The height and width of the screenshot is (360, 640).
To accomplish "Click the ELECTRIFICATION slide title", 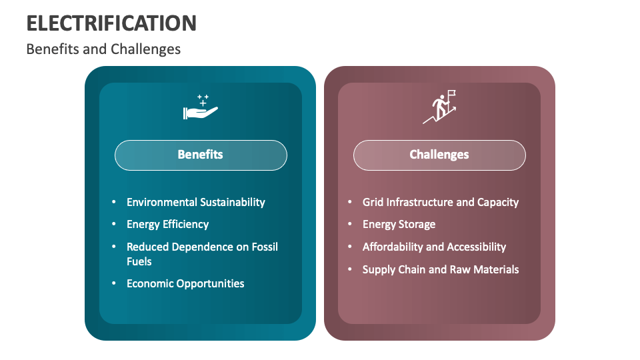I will tap(111, 23).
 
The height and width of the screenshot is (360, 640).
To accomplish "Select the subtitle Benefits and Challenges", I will tap(103, 49).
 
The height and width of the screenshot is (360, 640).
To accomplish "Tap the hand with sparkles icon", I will tap(200, 108).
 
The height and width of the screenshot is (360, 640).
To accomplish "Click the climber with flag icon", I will tap(440, 108).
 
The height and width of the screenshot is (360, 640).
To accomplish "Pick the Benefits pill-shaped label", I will tap(201, 155).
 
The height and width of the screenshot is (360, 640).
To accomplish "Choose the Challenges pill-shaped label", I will tap(439, 155).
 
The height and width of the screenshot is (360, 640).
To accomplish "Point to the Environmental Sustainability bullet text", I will tap(196, 202).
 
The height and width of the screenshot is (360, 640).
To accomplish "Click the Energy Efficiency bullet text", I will tap(168, 225).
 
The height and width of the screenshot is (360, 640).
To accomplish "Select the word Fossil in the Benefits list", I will tap(263, 247).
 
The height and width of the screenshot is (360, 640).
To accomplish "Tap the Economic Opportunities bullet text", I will tap(185, 283).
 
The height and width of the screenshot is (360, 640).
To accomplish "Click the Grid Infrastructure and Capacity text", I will tap(441, 202).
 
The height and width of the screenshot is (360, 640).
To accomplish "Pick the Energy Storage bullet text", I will tap(399, 225).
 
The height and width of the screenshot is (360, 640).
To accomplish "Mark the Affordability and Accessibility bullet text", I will tap(434, 247).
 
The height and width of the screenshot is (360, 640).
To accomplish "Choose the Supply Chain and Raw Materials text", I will tap(441, 269).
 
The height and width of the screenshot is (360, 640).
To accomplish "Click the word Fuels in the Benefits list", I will tap(139, 261).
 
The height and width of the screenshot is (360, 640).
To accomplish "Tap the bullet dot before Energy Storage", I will tap(349, 225).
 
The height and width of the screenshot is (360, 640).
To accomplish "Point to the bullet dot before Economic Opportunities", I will tap(113, 283).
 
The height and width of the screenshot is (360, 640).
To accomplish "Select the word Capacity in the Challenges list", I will tap(498, 202).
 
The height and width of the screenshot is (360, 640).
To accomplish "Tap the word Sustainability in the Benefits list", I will tap(233, 202).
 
